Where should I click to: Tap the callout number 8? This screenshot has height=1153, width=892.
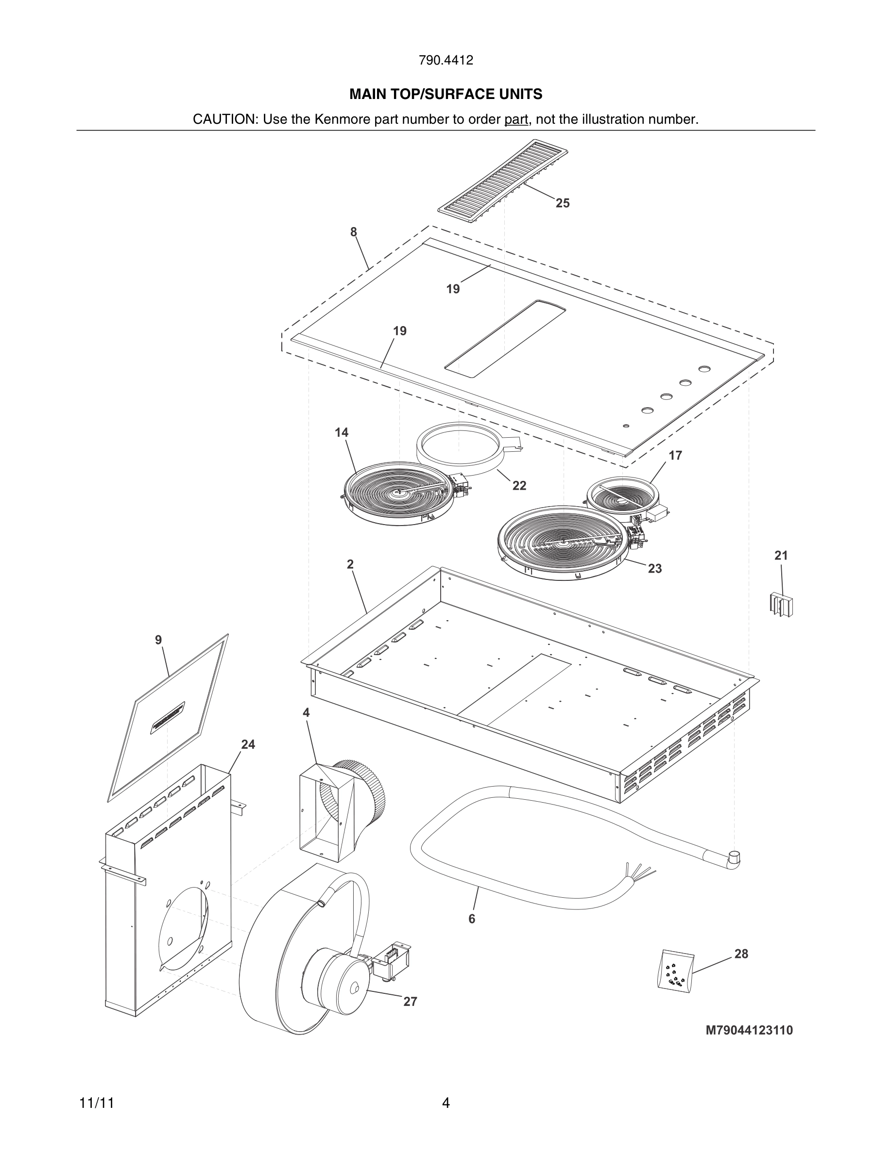click(354, 232)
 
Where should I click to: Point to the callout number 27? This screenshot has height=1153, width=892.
click(410, 1002)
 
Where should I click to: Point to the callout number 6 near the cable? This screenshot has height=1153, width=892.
click(471, 919)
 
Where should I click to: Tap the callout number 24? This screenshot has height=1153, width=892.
click(248, 744)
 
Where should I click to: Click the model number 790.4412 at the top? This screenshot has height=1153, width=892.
click(446, 60)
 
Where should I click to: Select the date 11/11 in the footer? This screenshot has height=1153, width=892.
click(97, 1103)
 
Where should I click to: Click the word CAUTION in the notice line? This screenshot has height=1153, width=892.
click(224, 119)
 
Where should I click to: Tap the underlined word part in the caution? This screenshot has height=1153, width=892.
click(516, 119)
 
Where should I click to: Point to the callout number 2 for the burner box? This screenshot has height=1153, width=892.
click(350, 564)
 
